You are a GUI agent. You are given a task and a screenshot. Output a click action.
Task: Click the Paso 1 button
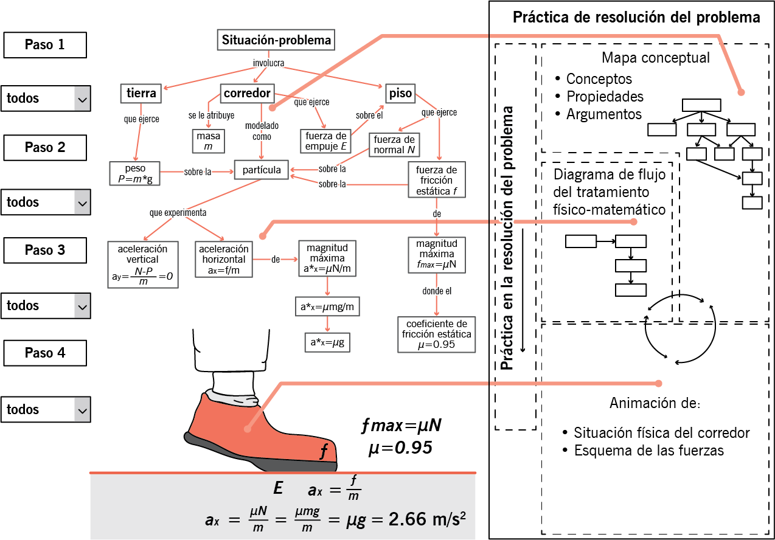point(45,45)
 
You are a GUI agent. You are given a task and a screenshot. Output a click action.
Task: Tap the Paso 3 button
point(45,250)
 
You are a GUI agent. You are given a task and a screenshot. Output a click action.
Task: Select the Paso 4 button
point(45,353)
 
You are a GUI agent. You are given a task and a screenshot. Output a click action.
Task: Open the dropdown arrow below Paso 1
point(82,99)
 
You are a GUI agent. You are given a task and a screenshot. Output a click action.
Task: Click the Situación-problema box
point(276,40)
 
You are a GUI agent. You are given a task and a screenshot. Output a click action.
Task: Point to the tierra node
point(141,94)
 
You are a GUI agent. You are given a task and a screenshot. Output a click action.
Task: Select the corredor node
point(248,94)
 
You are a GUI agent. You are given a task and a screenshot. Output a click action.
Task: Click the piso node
point(400,94)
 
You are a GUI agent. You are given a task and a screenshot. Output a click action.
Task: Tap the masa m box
point(208,141)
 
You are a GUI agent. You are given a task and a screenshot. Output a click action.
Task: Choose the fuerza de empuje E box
point(325,141)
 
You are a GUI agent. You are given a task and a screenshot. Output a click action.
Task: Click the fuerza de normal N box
point(394,145)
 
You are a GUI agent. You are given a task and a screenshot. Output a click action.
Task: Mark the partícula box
point(261,170)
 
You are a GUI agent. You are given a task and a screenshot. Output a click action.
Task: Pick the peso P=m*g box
point(134,173)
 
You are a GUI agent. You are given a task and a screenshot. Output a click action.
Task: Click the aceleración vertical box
point(143,265)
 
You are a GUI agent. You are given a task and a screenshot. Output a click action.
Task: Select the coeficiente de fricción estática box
point(436,334)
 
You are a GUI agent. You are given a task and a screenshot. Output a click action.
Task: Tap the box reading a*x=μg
point(327,342)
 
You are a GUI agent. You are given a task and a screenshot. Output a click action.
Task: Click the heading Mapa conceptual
point(656,58)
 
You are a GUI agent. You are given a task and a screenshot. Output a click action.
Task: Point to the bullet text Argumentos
point(603,114)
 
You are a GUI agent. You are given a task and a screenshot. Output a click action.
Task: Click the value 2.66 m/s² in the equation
point(427,519)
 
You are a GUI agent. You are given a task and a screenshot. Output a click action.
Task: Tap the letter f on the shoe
point(324,451)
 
